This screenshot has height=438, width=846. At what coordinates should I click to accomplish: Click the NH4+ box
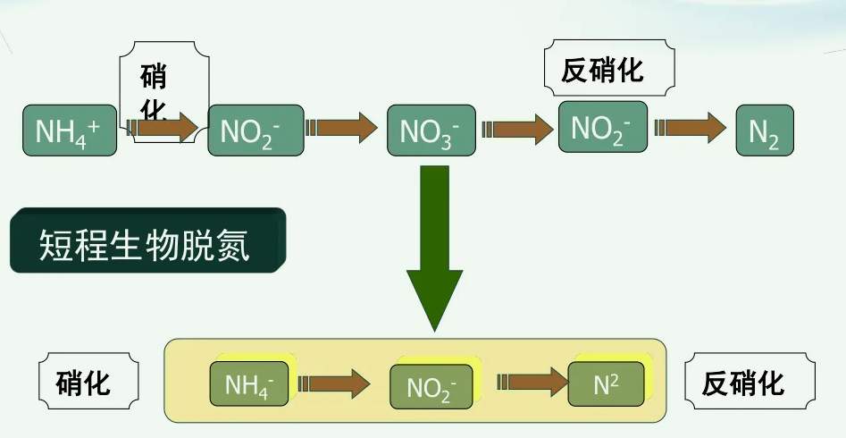click(x=70, y=131)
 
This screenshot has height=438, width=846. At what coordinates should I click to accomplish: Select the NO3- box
click(x=430, y=131)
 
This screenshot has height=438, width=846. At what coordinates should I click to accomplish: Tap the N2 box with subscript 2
click(x=765, y=131)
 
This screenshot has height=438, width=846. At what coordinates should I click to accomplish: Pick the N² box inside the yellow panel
click(x=605, y=385)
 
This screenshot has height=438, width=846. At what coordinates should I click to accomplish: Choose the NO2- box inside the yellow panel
click(x=431, y=387)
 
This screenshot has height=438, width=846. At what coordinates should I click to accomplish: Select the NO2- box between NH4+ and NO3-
click(x=249, y=131)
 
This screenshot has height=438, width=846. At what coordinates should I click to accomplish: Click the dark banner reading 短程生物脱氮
click(x=147, y=241)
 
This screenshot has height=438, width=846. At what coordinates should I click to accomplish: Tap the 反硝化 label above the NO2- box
click(x=608, y=70)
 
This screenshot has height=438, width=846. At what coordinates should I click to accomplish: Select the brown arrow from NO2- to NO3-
click(x=343, y=128)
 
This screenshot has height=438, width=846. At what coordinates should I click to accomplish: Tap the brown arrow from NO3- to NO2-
click(x=518, y=128)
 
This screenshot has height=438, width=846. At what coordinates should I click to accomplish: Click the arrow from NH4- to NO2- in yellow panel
click(x=335, y=384)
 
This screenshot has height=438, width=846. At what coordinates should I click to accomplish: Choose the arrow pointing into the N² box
click(x=533, y=383)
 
